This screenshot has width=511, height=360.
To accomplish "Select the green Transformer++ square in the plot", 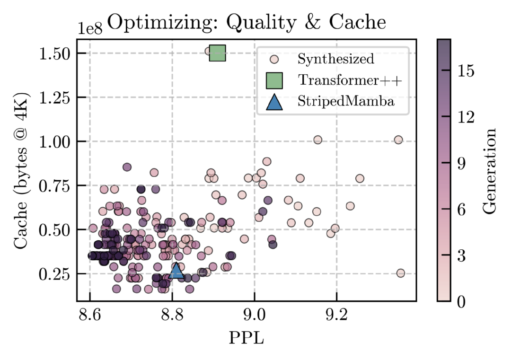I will click(218, 53).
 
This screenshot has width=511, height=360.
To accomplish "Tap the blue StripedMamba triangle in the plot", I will click(176, 271).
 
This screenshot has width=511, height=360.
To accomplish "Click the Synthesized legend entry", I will click(335, 59).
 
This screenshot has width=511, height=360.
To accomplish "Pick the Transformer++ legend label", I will click(350, 80).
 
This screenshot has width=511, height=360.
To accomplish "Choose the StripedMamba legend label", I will click(346, 102).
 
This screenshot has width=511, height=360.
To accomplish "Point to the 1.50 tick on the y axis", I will click(54, 53).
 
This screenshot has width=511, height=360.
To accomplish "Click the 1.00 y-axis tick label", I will click(54, 142).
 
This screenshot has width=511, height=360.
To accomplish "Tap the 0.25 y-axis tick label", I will click(54, 274).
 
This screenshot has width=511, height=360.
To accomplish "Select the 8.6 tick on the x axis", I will click(90, 316).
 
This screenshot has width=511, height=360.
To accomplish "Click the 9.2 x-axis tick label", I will click(337, 316).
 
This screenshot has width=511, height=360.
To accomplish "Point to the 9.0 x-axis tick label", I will click(255, 316).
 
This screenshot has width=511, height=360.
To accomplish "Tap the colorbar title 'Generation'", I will click(491, 170).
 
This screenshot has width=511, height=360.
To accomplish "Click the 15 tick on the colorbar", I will click(466, 71).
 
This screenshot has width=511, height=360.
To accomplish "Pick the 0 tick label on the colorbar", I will click(461, 301).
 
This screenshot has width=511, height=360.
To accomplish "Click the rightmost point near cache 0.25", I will click(400, 273).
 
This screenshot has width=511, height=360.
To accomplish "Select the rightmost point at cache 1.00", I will click(398, 140).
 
